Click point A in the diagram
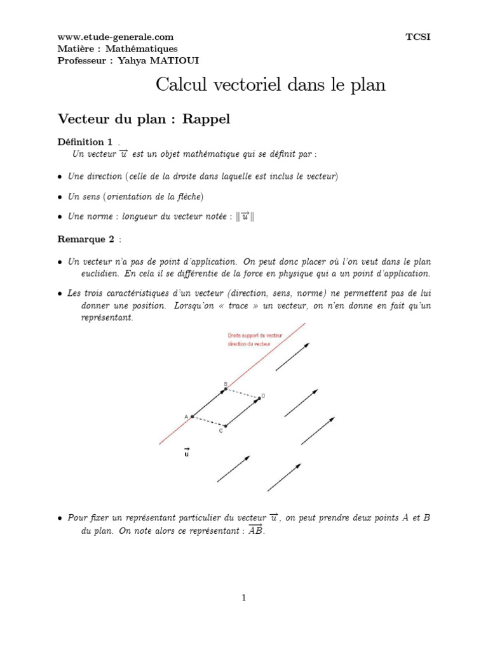pos(192,416)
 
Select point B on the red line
pos(226,390)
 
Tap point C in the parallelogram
pos(225,426)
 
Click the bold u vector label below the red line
pos(186,453)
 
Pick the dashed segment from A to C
pos(208,421)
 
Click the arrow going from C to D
pos(242,412)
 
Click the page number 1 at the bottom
pos(243,597)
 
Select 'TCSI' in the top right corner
pos(417,37)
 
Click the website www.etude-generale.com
pos(115,37)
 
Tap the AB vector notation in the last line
pos(254,530)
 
